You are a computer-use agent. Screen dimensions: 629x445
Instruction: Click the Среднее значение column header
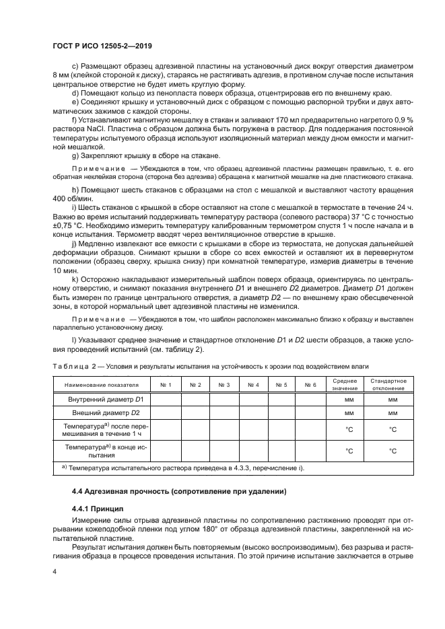345,384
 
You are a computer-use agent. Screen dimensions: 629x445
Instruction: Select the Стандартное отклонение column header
386,384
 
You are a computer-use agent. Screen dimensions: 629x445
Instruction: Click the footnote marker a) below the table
64,467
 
